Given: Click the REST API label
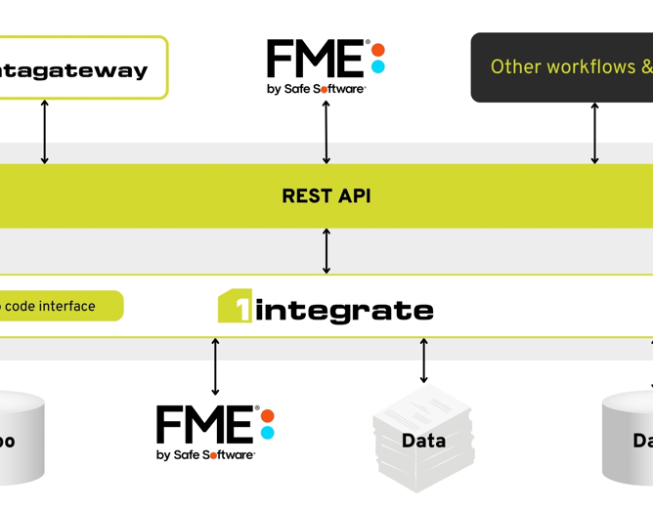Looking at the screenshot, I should (326, 195).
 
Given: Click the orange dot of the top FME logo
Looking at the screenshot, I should (378, 49).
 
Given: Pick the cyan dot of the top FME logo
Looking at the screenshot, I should (378, 67).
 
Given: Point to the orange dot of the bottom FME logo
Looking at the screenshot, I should (268, 414).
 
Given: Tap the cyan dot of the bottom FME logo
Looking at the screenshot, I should (268, 433).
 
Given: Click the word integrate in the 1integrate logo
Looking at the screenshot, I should (344, 311).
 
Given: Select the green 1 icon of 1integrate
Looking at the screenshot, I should (235, 307).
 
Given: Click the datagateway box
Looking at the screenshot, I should (78, 68).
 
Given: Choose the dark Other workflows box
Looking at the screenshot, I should (562, 67).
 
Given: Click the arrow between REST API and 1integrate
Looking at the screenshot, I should (326, 251).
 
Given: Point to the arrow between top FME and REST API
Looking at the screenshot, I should (326, 132).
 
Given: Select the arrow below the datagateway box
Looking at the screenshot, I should (44, 132).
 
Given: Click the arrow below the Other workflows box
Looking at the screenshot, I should (594, 132).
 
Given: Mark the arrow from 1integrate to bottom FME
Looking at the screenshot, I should (216, 366).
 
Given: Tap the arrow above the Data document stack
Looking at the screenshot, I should (423, 361).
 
